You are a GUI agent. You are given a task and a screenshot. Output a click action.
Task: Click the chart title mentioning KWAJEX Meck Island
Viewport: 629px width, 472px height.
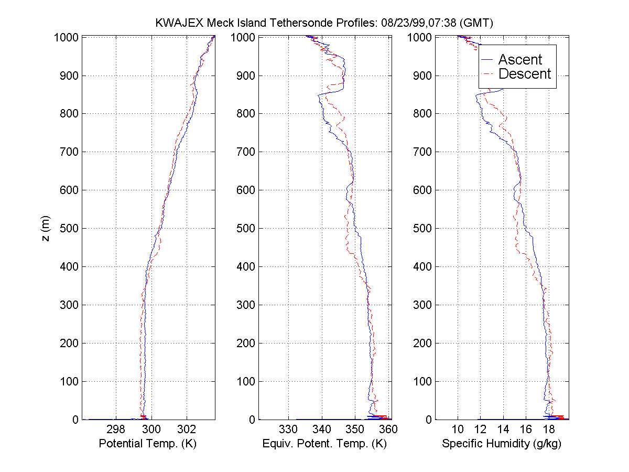[x=324, y=23]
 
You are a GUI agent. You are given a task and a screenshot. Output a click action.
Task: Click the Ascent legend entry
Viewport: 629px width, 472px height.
[x=520, y=60]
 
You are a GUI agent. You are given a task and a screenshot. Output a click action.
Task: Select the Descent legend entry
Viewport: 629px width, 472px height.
[x=525, y=74]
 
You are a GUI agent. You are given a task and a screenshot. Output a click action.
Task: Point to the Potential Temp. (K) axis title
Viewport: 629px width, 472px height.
[x=147, y=444]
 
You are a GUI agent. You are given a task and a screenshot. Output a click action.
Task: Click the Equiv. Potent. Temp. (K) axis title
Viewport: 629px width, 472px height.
[x=324, y=444]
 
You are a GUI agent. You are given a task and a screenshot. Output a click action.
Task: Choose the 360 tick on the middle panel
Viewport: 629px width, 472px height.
[x=388, y=429]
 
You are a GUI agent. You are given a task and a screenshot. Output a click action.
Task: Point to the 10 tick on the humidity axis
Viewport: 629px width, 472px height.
[x=458, y=429]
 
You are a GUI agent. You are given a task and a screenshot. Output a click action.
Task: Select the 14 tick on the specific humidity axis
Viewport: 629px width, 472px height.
[x=503, y=429]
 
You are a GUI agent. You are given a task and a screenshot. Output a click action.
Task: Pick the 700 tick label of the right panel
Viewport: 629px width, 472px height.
[x=423, y=152]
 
